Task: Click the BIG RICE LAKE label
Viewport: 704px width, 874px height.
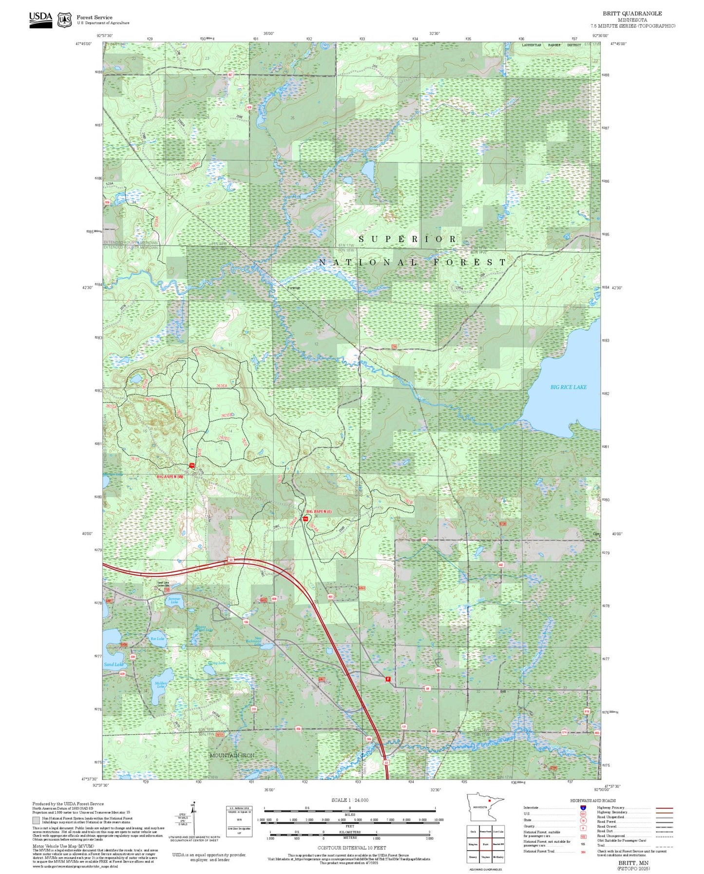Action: (568, 387)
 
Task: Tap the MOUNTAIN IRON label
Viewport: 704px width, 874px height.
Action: (232, 755)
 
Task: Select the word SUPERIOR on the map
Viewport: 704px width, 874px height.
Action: (408, 239)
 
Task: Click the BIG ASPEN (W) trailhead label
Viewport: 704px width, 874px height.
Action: (170, 476)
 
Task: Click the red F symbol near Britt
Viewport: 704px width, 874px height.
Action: (388, 679)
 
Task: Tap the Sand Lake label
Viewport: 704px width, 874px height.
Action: (114, 665)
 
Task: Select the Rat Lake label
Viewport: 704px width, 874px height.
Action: (157, 638)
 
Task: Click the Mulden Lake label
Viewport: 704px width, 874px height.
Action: (161, 684)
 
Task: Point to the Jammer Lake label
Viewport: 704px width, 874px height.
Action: (174, 600)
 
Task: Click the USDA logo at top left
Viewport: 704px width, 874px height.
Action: (40, 19)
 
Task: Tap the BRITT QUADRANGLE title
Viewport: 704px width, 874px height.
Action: (632, 14)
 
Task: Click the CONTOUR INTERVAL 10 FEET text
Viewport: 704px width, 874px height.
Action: (352, 848)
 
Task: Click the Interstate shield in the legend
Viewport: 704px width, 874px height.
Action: (583, 808)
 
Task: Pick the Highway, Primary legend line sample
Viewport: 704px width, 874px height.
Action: (664, 808)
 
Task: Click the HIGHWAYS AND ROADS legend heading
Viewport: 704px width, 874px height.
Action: (593, 800)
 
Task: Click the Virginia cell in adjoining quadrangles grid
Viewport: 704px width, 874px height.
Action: (485, 856)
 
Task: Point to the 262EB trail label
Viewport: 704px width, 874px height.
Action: (227, 415)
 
